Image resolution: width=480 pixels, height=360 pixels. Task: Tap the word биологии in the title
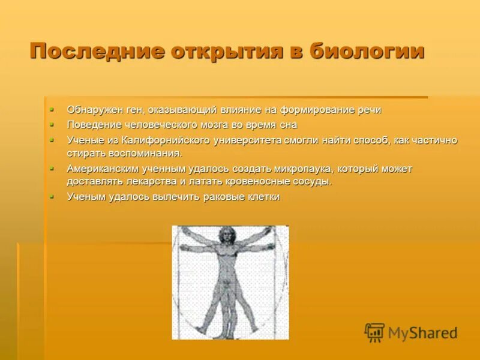pyautogui.click(x=367, y=51)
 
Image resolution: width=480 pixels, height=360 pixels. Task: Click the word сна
pyautogui.click(x=287, y=125)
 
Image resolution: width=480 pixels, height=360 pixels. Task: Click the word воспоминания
pyautogui.click(x=139, y=154)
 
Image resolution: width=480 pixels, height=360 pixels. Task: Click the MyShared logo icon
pyautogui.click(x=374, y=332)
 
